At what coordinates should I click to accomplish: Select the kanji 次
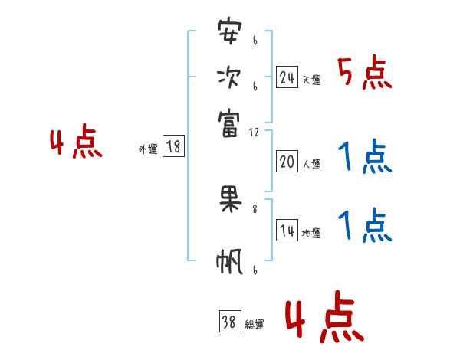(x=229, y=77)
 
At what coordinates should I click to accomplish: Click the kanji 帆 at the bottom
(x=229, y=262)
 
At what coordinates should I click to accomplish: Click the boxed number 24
(x=287, y=77)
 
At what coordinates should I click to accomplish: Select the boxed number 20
(x=287, y=161)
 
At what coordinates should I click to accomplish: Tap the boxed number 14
(x=287, y=231)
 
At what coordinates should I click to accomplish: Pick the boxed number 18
(x=173, y=147)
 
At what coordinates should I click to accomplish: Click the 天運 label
(x=311, y=80)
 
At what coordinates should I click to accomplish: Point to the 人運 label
(x=311, y=164)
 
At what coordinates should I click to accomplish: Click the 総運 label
(x=255, y=325)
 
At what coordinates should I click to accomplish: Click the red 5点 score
(x=365, y=73)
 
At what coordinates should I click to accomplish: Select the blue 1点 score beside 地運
(x=365, y=226)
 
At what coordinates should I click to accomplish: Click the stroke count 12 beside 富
(x=254, y=133)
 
